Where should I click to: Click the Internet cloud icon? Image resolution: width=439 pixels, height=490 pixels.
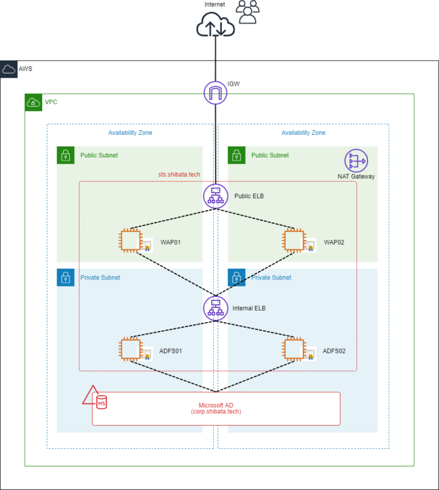215,25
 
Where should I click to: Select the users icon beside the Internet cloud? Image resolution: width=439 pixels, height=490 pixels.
248,12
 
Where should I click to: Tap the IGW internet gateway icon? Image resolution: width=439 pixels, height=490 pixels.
215,93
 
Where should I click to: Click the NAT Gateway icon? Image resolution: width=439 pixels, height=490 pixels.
356,161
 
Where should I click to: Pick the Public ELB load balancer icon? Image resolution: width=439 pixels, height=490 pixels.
215,196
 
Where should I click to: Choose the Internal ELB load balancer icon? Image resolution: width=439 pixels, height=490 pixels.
215,308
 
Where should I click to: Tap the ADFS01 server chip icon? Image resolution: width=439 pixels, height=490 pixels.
130,349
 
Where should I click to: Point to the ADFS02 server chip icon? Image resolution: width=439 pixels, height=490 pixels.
293,349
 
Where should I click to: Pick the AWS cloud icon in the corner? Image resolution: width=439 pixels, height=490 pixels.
9,69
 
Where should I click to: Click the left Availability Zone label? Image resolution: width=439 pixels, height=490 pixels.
130,133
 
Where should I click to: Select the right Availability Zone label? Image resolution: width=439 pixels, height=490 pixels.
303,133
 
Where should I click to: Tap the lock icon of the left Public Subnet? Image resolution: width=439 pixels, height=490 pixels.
66,155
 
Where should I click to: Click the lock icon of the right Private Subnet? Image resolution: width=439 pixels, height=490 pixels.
237,278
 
